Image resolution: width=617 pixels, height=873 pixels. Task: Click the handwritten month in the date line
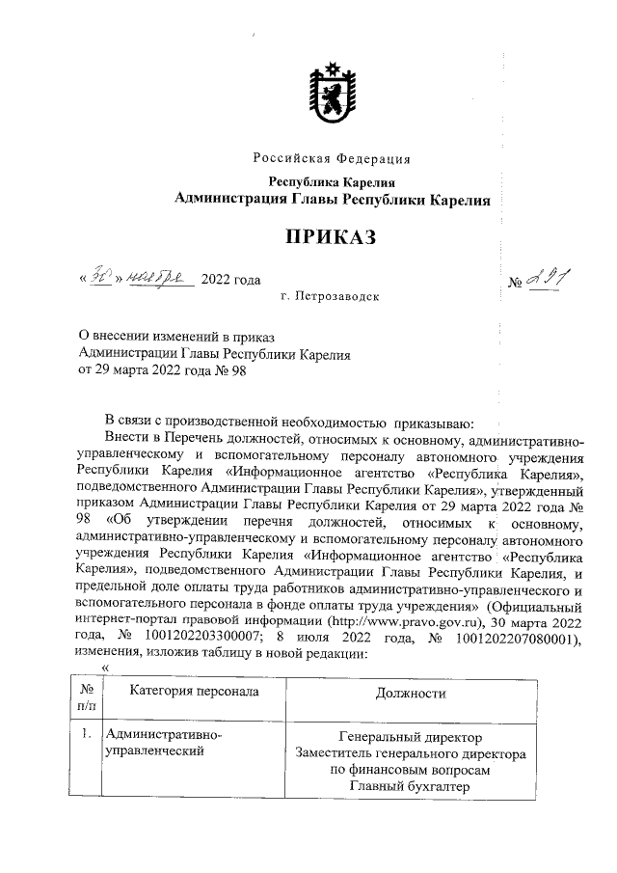pyautogui.click(x=161, y=278)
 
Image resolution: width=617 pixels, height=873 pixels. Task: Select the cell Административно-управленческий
pyautogui.click(x=163, y=745)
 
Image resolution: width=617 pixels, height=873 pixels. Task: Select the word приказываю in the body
pyautogui.click(x=432, y=423)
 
